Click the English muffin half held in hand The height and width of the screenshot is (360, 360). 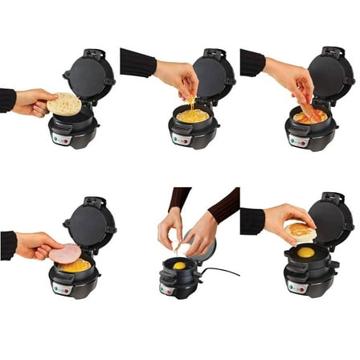pos(64,104)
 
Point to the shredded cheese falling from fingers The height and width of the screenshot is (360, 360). pos(191,103)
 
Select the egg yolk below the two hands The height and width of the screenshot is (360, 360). pos(179,264)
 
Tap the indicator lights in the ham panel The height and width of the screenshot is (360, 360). pos(59,286)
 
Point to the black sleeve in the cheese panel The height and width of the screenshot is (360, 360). pos(137,63)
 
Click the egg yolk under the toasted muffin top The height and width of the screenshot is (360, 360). pos(305,252)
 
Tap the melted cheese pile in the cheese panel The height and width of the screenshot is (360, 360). pos(193,116)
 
